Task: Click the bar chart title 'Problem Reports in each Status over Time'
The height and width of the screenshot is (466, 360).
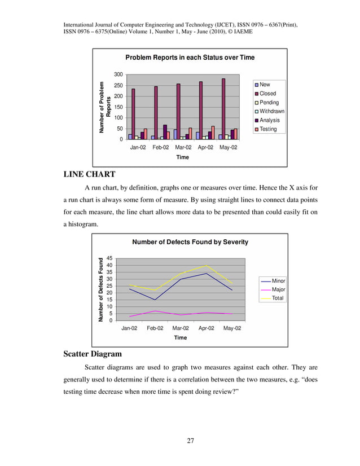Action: coord(190,58)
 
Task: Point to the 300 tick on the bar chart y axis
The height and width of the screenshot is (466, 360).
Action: coord(118,74)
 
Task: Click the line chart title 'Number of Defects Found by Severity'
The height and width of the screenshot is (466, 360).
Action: coord(190,242)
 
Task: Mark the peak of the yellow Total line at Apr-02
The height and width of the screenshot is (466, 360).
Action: coord(206,265)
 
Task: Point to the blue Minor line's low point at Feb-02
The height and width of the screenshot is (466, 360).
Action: coord(155,300)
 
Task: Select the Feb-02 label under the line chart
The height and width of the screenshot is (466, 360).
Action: coord(155,328)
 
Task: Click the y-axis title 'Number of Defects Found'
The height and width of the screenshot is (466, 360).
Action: coord(102,289)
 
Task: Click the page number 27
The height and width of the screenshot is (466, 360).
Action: coord(191,441)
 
